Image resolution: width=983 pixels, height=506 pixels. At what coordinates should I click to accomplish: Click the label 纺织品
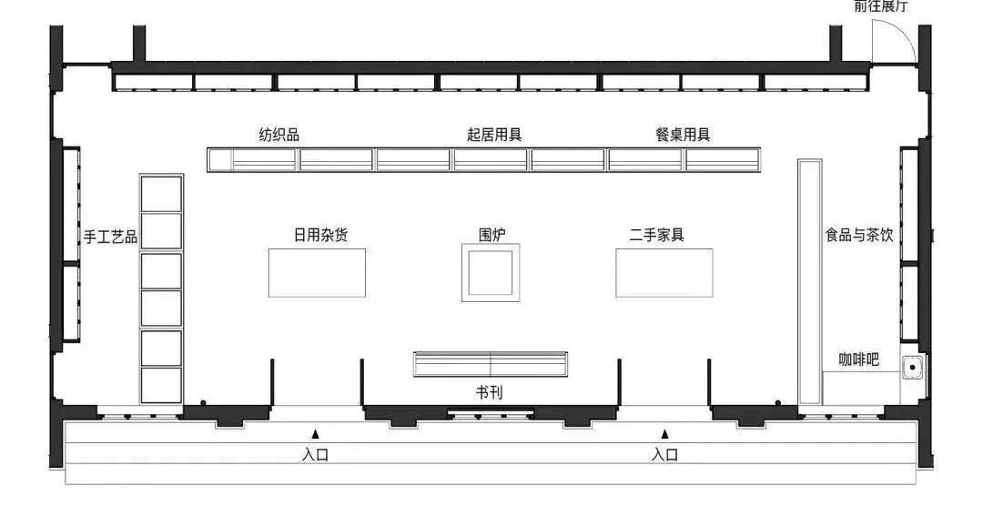coord(279,135)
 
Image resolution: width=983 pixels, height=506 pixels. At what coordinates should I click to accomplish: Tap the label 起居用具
coord(493,135)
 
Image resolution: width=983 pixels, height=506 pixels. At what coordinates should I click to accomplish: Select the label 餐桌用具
coord(682,135)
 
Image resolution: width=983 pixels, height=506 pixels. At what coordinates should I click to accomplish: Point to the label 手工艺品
coord(110,237)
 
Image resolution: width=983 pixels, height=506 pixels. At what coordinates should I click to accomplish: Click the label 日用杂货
coord(319,235)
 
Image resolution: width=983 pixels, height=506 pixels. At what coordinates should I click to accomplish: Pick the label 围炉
coord(492,235)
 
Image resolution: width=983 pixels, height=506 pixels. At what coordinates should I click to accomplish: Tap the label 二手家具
coord(656,235)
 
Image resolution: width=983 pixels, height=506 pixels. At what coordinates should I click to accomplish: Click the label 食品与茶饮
coord(859,235)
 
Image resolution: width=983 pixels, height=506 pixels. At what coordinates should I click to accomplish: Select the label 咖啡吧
coord(858,359)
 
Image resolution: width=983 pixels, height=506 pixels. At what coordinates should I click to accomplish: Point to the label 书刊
coord(489,392)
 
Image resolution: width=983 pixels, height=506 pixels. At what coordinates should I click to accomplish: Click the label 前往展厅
coord(880,7)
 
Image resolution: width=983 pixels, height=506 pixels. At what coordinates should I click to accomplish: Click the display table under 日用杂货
coord(318,272)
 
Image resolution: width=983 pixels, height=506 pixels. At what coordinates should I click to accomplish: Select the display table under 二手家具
coord(664,272)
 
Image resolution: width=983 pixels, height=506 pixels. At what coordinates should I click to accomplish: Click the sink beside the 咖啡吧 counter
coord(911,368)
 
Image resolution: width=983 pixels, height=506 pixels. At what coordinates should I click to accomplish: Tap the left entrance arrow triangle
coord(315,434)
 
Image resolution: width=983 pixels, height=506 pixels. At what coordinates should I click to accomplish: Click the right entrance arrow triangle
coord(664,434)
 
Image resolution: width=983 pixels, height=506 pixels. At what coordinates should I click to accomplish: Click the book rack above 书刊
coord(491,364)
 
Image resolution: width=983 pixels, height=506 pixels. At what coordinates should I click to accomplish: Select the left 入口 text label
coord(315,454)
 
